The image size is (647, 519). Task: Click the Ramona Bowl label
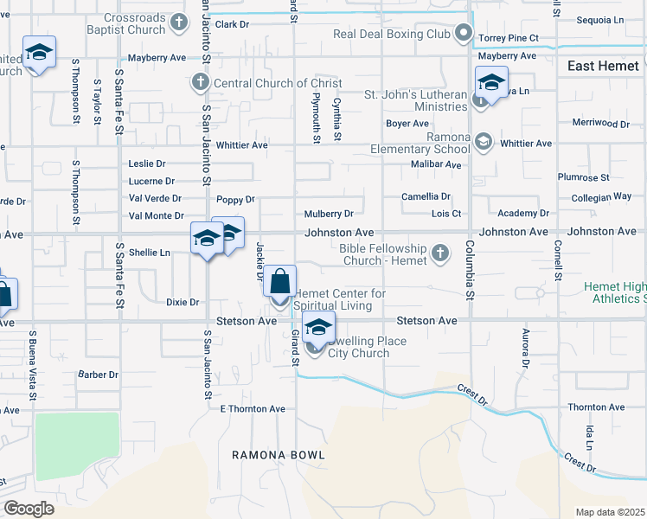tap(278, 455)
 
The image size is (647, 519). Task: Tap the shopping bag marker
tap(279, 283)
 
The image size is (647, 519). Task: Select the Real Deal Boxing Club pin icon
tap(464, 35)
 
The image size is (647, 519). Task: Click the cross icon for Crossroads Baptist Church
tap(178, 22)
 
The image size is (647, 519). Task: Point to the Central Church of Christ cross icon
tap(200, 83)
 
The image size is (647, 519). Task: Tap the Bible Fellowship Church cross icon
tap(440, 253)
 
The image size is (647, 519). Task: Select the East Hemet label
tap(603, 66)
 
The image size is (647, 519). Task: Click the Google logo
tap(29, 509)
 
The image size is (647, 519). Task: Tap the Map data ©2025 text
tap(610, 512)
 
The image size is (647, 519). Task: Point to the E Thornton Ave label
tap(253, 408)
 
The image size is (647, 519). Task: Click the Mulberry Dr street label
tap(329, 214)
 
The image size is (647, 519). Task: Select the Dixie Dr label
tap(183, 303)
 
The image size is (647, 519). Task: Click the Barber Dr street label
tap(98, 375)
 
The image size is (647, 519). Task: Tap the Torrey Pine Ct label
tap(509, 39)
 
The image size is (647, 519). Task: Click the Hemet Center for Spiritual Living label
tap(341, 299)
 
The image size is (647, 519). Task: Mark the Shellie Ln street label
tap(150, 253)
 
